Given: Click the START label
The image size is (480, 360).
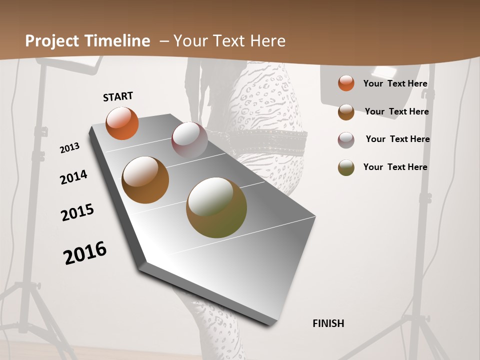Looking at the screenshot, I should click(118, 96).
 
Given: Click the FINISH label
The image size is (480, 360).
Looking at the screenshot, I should click(328, 323).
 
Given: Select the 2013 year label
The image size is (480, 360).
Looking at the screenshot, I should click(70, 147).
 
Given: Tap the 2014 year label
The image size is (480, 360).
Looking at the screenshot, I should click(74, 177).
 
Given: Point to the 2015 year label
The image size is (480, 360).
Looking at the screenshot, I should click(77, 212).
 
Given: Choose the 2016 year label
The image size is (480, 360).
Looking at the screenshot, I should click(85, 252).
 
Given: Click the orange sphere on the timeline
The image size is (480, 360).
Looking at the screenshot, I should click(122, 123).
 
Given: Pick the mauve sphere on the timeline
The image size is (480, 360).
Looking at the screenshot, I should click(189, 140).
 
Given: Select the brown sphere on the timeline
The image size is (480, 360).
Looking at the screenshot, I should click(145, 180).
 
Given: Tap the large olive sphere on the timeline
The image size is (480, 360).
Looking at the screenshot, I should click(216, 207).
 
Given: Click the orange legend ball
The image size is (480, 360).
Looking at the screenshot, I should click(346, 83).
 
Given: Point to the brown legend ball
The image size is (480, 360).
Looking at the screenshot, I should click(346, 112).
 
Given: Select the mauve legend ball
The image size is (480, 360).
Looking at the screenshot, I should click(346, 140).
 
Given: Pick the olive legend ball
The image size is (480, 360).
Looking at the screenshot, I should click(346, 167).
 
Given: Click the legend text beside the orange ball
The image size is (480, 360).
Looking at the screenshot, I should click(395, 83).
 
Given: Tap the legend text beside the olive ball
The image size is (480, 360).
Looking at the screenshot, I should click(395, 167).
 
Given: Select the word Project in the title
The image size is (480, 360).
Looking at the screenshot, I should click(52, 41).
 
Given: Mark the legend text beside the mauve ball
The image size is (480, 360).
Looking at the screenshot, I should click(397, 139).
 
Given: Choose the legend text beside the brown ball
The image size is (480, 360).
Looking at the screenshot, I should click(396, 111).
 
